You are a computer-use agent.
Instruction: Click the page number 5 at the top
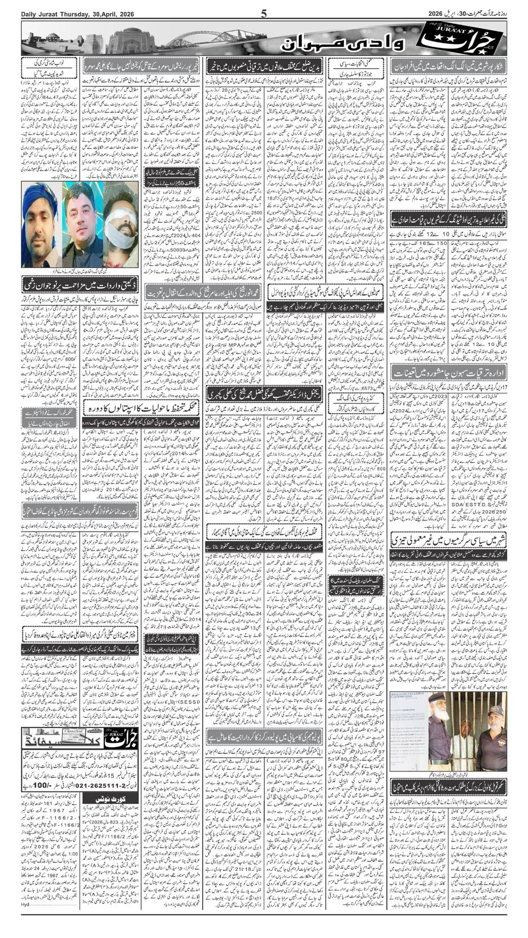click(264, 14)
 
